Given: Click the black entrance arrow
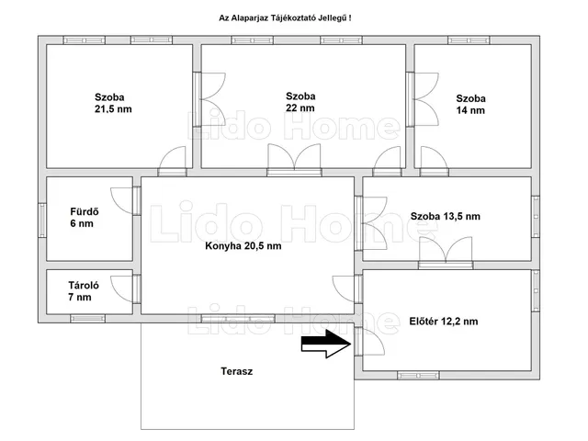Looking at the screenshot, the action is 326,344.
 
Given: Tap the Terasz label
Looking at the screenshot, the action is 237,371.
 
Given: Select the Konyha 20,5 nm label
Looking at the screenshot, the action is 243,246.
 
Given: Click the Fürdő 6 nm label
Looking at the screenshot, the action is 85,218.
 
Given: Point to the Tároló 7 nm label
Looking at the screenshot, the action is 84,291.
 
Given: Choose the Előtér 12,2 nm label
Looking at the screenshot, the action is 444,322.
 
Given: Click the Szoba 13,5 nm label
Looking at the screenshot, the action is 445,217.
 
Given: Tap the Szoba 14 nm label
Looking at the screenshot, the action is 470,104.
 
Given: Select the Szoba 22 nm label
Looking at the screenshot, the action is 300,102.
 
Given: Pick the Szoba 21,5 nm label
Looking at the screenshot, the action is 113,103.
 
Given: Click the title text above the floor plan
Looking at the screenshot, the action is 285,18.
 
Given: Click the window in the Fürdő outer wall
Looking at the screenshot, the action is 42,220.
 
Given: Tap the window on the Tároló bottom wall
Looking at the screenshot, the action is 88,319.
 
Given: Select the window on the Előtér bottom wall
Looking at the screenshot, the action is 418,376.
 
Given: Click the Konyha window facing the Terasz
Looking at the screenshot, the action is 238,319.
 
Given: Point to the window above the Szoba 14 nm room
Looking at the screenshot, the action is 469,40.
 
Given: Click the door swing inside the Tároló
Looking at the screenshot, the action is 121,288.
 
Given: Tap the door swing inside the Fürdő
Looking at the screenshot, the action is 121,201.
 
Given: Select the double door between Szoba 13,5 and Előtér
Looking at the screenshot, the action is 446,251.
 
